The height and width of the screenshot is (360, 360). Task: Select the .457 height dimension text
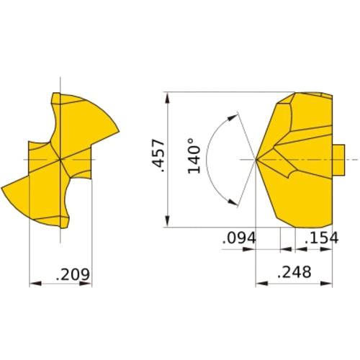coord(160,156)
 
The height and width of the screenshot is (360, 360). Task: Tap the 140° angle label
coord(193,156)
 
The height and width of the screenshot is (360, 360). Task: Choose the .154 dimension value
coord(320,238)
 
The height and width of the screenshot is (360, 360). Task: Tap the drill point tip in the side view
coord(256,158)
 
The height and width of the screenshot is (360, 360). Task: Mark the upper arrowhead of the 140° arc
coord(233,115)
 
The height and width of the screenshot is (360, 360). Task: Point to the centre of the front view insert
coord(61,158)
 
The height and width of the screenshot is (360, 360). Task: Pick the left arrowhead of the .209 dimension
coord(33,284)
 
